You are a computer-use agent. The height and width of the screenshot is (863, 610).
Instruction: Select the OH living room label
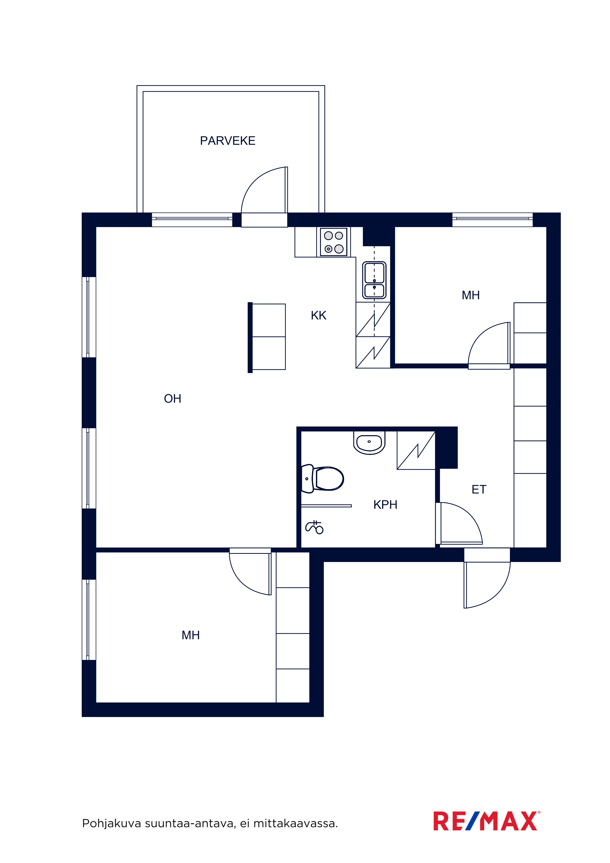(172, 398)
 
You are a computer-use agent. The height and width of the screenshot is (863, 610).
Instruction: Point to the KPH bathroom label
(385, 504)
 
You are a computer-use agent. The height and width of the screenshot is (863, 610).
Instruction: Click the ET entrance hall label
(479, 489)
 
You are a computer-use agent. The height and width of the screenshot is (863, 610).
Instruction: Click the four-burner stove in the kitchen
(333, 242)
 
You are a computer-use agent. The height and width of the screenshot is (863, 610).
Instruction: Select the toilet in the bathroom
(323, 478)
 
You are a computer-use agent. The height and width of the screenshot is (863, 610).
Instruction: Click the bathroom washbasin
(369, 443)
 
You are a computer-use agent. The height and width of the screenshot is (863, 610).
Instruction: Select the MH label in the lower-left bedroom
(191, 635)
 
